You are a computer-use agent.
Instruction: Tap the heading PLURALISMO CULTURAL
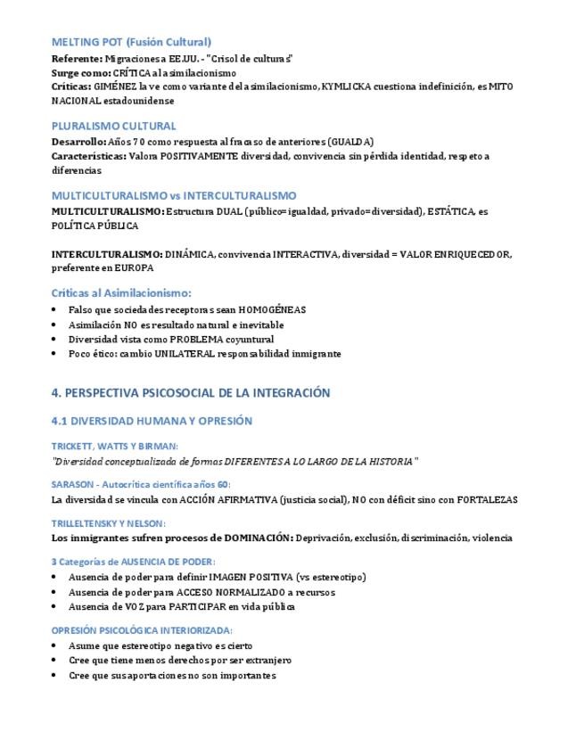pyautogui.click(x=113, y=126)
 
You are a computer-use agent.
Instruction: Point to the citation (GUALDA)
pyautogui.click(x=350, y=142)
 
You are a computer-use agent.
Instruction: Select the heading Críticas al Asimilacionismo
pyautogui.click(x=121, y=292)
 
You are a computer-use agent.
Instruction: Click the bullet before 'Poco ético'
pyautogui.click(x=56, y=354)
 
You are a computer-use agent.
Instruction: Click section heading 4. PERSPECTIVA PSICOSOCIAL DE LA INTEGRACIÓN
pyautogui.click(x=191, y=392)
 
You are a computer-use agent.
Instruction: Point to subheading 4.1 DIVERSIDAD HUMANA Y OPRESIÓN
pyautogui.click(x=152, y=421)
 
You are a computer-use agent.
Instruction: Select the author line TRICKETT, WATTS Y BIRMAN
pyautogui.click(x=114, y=445)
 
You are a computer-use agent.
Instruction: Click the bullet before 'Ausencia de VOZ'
pyautogui.click(x=56, y=606)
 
